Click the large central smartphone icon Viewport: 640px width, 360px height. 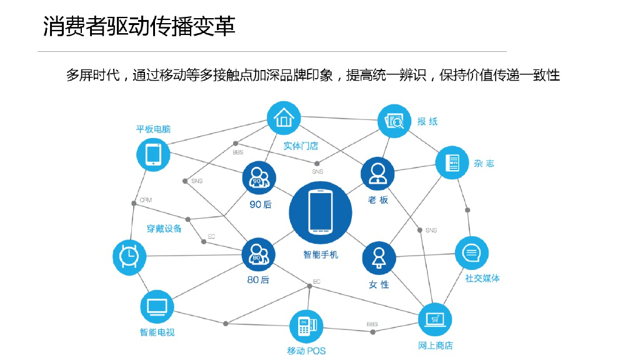[320, 212]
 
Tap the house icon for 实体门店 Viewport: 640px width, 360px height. [284, 118]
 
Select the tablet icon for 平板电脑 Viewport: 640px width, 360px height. [153, 154]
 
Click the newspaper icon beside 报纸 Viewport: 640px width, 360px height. [395, 121]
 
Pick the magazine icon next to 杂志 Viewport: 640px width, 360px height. [452, 163]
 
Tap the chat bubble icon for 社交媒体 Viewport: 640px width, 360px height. [471, 253]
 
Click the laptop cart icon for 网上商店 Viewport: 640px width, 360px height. [434, 320]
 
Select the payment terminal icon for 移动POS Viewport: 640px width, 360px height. [306, 326]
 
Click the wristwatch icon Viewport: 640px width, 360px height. [129, 255]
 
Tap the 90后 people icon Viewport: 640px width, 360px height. [259, 178]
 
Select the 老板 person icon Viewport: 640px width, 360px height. [377, 174]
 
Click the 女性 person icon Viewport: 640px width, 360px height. [379, 257]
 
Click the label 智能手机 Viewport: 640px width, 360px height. [320, 255]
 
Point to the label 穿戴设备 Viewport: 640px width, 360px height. [164, 229]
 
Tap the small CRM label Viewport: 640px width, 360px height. [146, 200]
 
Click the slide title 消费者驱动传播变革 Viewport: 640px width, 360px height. [139, 27]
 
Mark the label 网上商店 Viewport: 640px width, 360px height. [435, 346]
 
